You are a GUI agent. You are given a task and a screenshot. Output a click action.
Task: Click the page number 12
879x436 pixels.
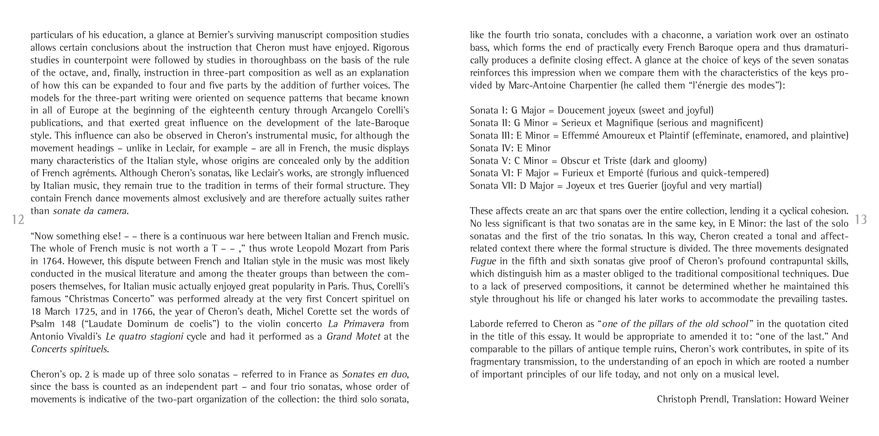click(x=18, y=219)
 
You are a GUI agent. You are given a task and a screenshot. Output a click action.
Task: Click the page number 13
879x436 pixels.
click(x=861, y=219)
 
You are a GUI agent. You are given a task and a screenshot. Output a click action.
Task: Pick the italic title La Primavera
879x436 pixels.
click(x=356, y=324)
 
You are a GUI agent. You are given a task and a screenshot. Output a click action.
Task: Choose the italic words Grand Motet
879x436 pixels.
click(x=353, y=337)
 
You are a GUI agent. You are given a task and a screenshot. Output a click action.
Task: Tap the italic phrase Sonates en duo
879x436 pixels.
click(x=374, y=374)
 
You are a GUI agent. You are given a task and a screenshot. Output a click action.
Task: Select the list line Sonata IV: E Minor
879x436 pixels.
click(x=510, y=148)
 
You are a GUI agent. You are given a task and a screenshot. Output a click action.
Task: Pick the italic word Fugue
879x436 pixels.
click(x=483, y=261)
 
